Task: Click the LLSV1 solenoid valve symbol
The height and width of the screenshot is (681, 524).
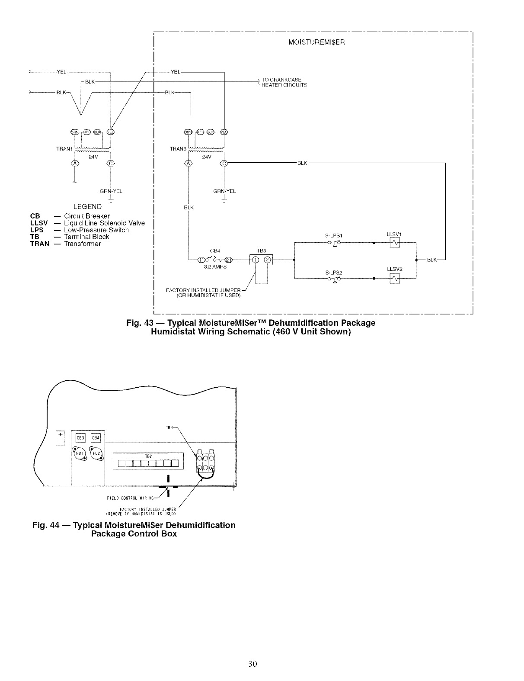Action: tap(395, 244)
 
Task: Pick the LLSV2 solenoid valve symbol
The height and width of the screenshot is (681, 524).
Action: tap(395, 279)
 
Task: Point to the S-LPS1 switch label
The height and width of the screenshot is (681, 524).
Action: tap(334, 236)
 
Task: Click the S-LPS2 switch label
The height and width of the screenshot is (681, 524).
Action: tap(334, 273)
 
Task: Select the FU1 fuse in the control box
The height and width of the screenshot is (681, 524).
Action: tap(79, 454)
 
